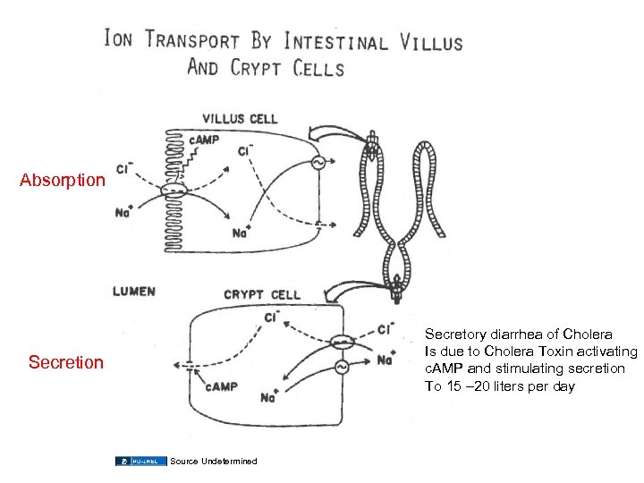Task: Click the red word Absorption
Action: pos(63,180)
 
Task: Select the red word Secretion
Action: pos(66,362)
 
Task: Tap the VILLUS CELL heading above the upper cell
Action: pos(241,118)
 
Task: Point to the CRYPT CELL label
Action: pos(262,295)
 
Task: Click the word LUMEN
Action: pos(134,292)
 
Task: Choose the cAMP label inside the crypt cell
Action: pos(220,386)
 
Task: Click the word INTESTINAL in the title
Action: pos(335,41)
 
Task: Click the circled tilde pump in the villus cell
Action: pos(316,162)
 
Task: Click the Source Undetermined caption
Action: pos(213,461)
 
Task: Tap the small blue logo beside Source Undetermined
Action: pos(140,461)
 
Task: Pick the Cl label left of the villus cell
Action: pos(123,168)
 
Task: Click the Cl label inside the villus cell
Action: pos(244,150)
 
